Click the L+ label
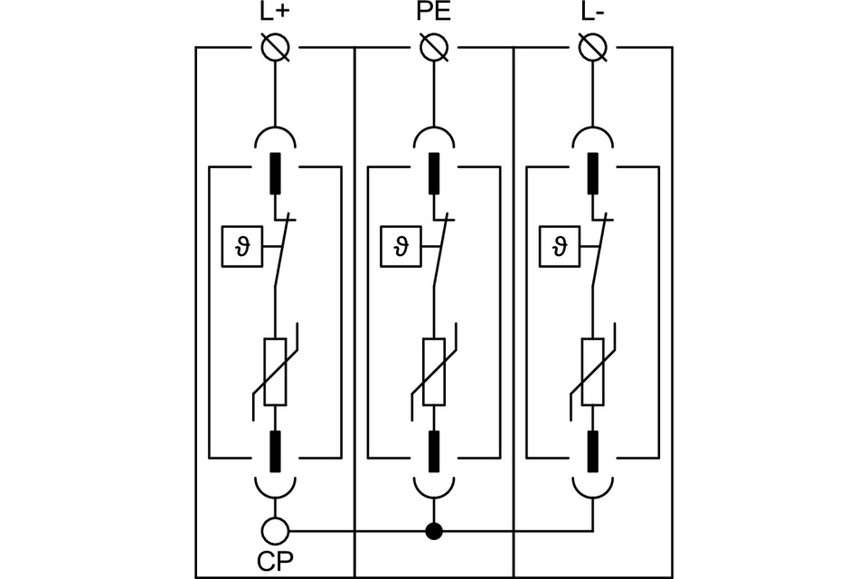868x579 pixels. tap(275, 13)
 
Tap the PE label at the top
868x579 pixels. tap(434, 13)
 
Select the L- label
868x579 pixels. tap(592, 13)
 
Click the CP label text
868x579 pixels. tap(275, 561)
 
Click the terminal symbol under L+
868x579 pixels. tap(275, 47)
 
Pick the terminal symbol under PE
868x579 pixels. tap(434, 47)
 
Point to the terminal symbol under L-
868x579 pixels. tap(592, 47)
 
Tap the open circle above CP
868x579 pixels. tap(275, 530)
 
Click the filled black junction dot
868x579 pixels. tap(434, 531)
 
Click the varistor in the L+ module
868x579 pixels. tap(275, 371)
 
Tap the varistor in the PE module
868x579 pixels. tap(434, 371)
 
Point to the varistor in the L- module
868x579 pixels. tap(592, 371)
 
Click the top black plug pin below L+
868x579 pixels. tap(275, 174)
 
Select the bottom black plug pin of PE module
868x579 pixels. tap(434, 451)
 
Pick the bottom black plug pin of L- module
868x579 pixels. tap(592, 451)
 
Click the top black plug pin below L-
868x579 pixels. tap(592, 174)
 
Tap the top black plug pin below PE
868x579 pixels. tap(434, 174)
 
